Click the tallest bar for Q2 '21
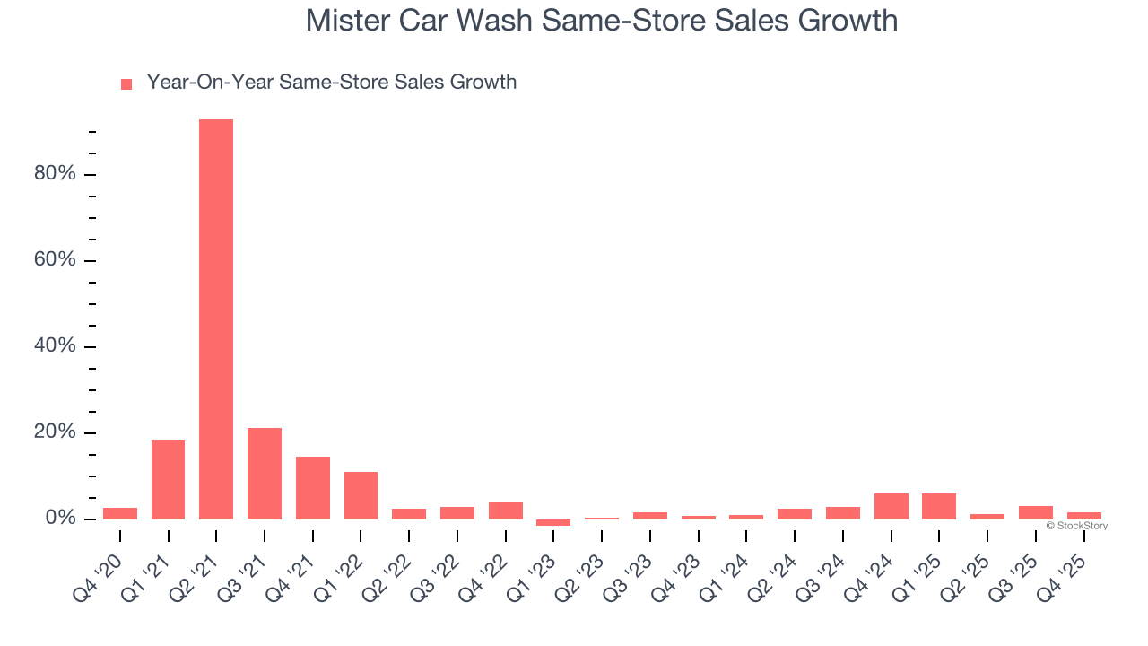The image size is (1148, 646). (216, 319)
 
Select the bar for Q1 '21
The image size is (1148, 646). (168, 479)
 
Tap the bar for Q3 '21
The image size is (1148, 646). (265, 474)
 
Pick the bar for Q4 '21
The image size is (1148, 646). (313, 488)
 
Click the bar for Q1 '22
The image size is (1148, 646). (361, 495)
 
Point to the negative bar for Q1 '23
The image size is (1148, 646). (553, 522)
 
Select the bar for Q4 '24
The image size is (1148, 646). (891, 506)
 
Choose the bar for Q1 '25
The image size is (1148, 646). (939, 506)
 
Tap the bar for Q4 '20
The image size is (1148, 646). (120, 513)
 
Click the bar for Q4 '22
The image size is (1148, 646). (506, 511)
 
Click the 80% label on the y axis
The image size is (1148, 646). (55, 174)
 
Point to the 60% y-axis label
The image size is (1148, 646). (55, 260)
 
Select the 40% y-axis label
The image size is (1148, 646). (55, 346)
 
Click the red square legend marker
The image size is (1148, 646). (126, 83)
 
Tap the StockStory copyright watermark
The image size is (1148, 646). (1076, 526)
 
